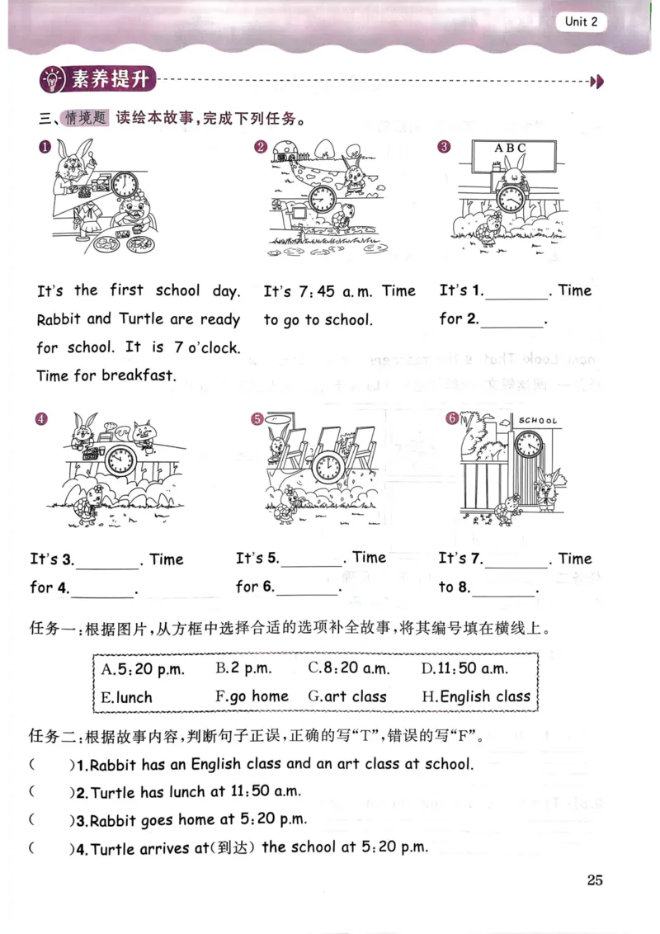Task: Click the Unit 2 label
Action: tap(581, 22)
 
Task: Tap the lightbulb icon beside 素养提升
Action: tap(52, 80)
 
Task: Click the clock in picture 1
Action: tap(126, 184)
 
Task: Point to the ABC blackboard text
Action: tap(510, 148)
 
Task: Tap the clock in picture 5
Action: tap(328, 467)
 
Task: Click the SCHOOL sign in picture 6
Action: tap(538, 421)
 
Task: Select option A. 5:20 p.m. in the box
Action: tap(143, 668)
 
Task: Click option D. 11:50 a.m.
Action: tap(464, 668)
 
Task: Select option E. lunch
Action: tap(126, 696)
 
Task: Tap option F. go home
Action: tap(252, 696)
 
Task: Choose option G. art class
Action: tap(346, 696)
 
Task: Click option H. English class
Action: tap(476, 696)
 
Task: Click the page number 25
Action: tap(595, 880)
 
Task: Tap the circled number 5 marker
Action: tap(257, 419)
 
